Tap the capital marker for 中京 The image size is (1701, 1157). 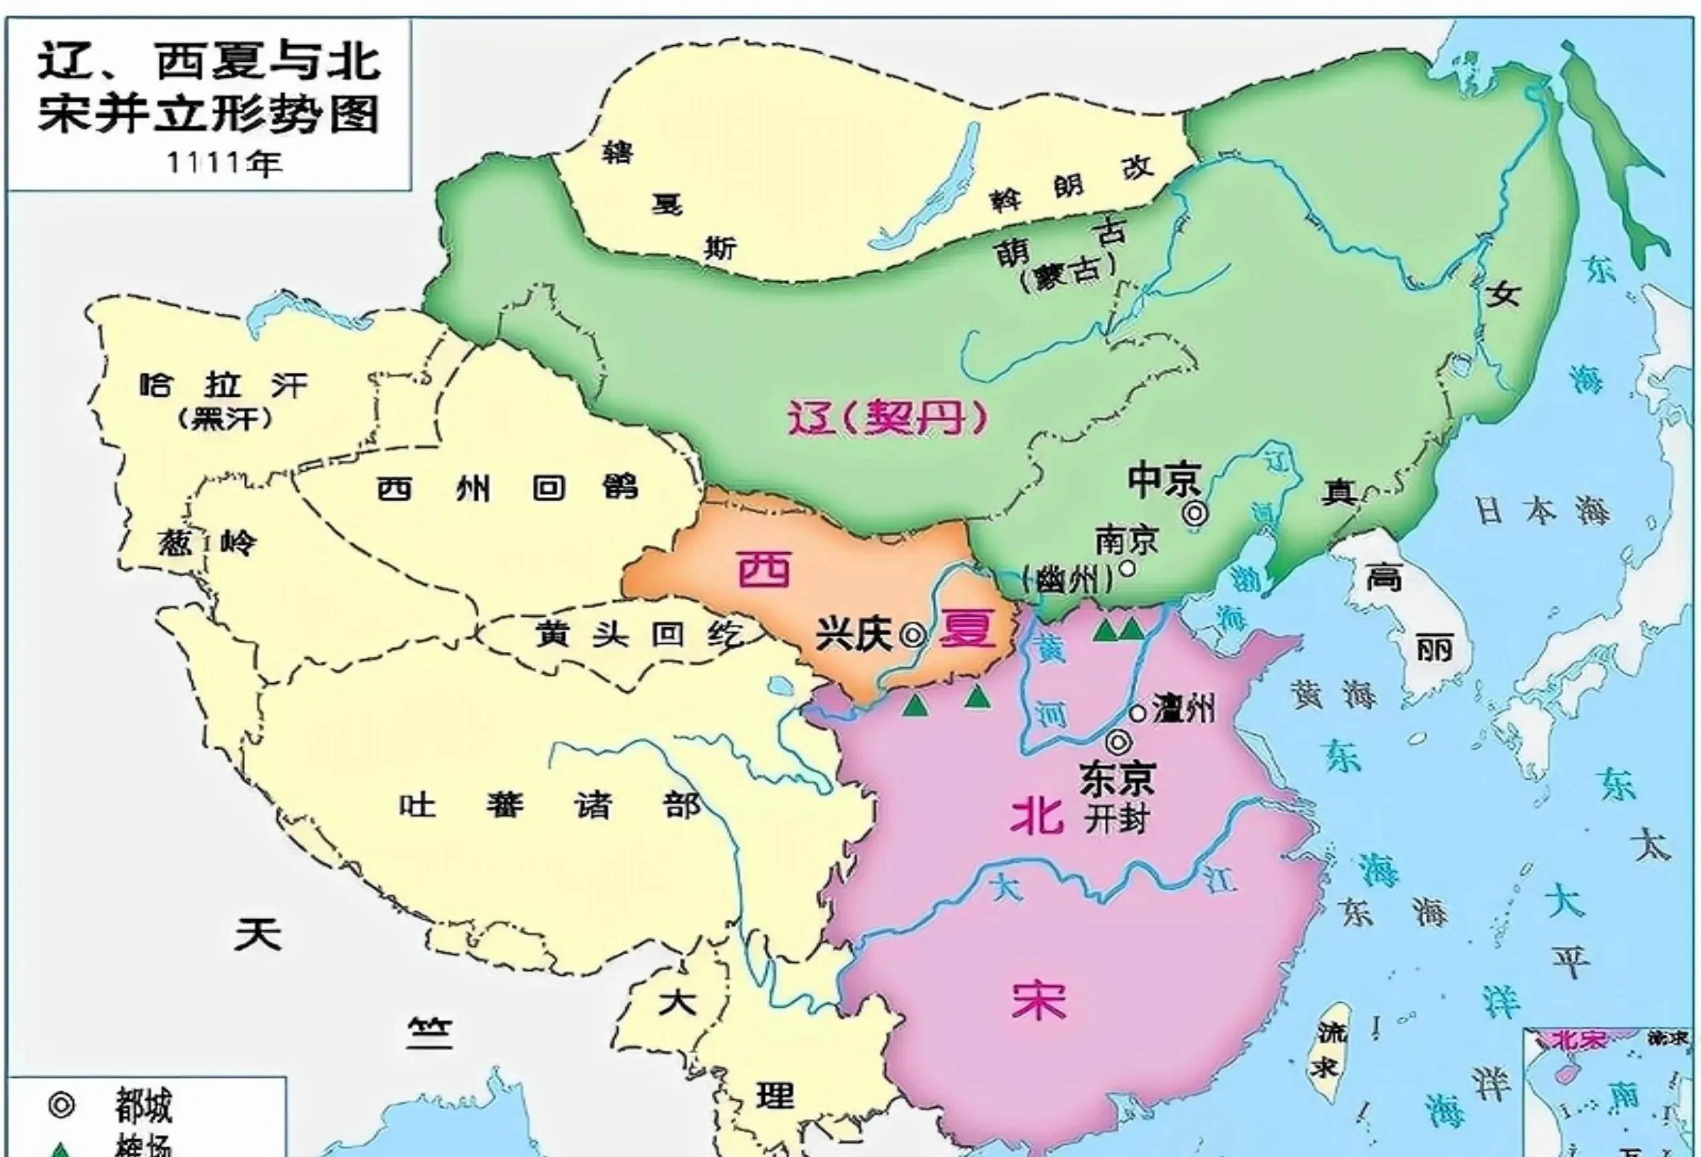tap(1195, 514)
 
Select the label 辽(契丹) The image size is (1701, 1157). tap(886, 419)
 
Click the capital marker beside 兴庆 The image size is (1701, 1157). tap(913, 635)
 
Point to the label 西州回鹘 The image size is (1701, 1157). tap(507, 488)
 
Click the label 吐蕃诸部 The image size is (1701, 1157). tap(550, 807)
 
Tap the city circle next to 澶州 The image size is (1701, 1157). tap(1138, 712)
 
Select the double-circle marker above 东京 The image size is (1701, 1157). tap(1120, 742)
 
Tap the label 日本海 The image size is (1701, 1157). tap(1542, 512)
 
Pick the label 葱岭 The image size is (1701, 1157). tap(207, 543)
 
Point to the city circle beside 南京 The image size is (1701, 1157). tap(1128, 566)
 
